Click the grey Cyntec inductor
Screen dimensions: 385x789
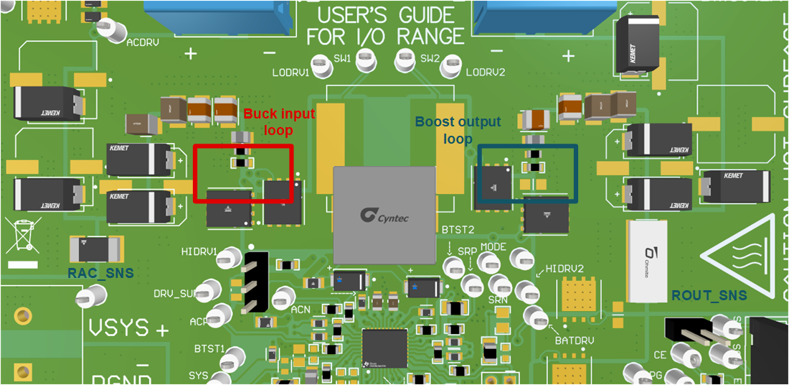pyautogui.click(x=384, y=214)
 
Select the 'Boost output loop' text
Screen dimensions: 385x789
pyautogui.click(x=458, y=130)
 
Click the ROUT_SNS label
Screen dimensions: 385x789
pyautogui.click(x=709, y=295)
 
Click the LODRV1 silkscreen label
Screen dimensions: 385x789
pyautogui.click(x=290, y=73)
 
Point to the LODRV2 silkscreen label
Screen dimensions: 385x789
pyautogui.click(x=486, y=73)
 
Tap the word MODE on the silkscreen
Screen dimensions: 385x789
pyautogui.click(x=493, y=247)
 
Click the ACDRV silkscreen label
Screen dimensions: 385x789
pyautogui.click(x=141, y=42)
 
